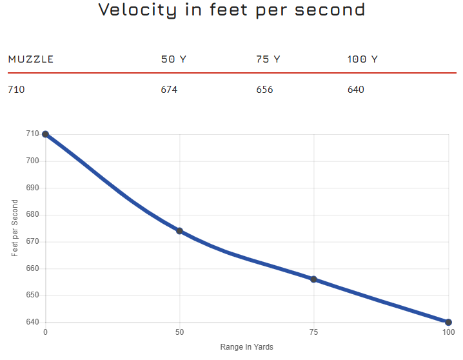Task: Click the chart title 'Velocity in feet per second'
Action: [231, 10]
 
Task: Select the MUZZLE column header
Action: [31, 59]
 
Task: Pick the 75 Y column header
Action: [268, 59]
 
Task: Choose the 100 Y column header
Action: [362, 59]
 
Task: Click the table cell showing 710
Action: [16, 90]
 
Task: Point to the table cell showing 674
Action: [169, 90]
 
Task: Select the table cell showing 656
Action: [264, 90]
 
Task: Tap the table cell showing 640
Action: [356, 90]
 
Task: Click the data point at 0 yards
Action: [45, 134]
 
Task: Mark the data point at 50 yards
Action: [179, 231]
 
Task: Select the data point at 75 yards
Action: [313, 279]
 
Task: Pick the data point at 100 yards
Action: [448, 322]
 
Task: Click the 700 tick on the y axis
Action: [32, 161]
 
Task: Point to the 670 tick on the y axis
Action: [32, 242]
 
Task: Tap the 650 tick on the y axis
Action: [32, 295]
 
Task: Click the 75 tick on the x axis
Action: [313, 332]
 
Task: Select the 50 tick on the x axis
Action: [179, 332]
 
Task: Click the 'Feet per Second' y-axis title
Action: [15, 228]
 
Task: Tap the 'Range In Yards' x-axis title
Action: [246, 347]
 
